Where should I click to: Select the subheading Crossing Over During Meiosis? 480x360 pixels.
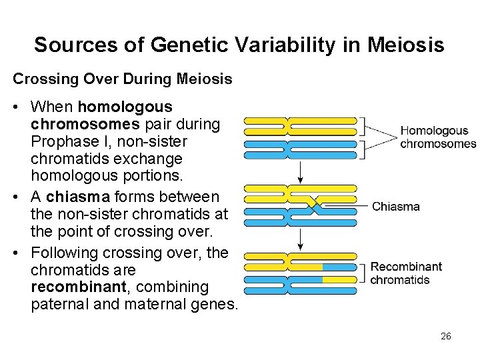click(x=123, y=79)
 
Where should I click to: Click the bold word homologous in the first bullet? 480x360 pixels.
click(x=125, y=107)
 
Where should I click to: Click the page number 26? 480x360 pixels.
click(x=445, y=336)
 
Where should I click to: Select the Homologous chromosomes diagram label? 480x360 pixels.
click(x=438, y=137)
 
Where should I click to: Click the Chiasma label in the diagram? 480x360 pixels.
click(x=396, y=206)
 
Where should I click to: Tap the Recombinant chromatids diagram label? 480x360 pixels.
click(x=406, y=273)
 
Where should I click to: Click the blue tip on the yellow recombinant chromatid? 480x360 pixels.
click(x=339, y=267)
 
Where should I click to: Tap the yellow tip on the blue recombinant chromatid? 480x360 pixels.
click(x=339, y=279)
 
